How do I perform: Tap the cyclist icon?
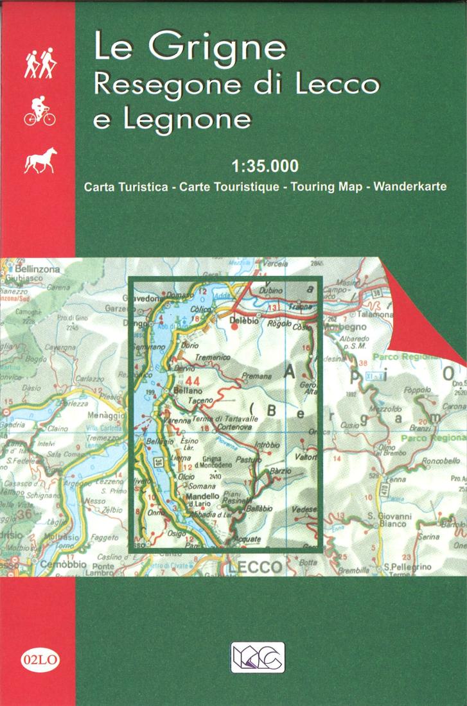pyautogui.click(x=39, y=110)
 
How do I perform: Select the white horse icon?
pyautogui.click(x=40, y=160)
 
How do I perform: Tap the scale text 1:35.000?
pyautogui.click(x=266, y=167)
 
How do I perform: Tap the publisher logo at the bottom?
pyautogui.click(x=257, y=657)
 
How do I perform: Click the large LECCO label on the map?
pyautogui.click(x=256, y=567)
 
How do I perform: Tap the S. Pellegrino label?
pyautogui.click(x=407, y=567)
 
